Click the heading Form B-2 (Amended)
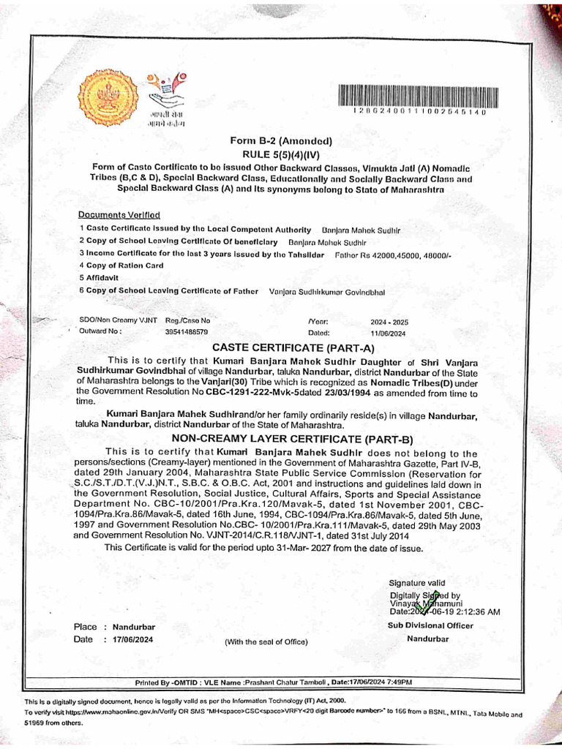(281, 141)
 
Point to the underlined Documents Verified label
(119, 215)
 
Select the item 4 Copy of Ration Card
(121, 266)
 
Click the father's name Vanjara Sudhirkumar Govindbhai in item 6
(327, 291)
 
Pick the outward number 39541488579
(187, 331)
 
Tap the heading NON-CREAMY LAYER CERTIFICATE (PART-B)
(292, 439)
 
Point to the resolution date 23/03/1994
(329, 391)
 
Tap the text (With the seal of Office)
(266, 642)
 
